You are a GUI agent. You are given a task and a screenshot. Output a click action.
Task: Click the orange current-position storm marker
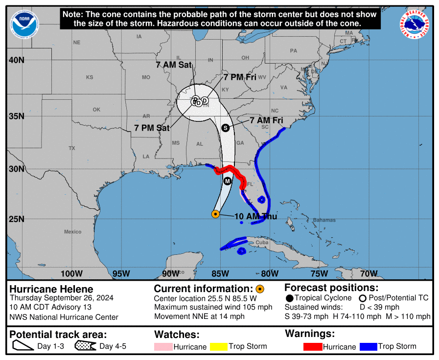[215, 214]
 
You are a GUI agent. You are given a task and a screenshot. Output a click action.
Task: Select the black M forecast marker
[228, 181]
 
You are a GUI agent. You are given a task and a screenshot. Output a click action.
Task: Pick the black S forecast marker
[226, 128]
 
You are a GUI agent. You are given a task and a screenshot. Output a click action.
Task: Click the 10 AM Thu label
[256, 217]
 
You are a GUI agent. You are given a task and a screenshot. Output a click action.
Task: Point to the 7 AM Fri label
[267, 120]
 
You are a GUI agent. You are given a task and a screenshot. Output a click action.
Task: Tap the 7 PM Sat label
[152, 128]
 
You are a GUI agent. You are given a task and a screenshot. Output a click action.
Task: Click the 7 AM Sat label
[174, 65]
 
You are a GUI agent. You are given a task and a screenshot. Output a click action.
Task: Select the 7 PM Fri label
[240, 77]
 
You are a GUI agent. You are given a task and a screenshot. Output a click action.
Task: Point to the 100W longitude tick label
[71, 273]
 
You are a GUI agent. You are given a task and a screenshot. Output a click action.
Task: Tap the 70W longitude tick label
[369, 273]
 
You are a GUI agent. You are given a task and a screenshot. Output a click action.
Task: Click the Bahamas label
[325, 220]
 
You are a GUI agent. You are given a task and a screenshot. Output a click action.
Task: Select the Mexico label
[72, 231]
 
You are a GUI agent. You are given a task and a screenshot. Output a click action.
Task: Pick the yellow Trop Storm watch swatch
[220, 347]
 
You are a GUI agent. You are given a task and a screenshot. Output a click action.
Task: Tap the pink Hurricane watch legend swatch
[164, 347]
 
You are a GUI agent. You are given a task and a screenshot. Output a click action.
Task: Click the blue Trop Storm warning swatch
[368, 347]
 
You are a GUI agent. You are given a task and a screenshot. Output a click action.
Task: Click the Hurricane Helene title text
[51, 289]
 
